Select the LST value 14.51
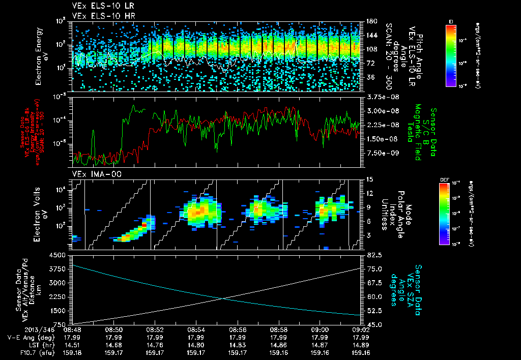pos(72,344)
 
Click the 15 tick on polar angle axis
pos(368,179)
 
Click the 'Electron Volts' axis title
pos(38,214)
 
